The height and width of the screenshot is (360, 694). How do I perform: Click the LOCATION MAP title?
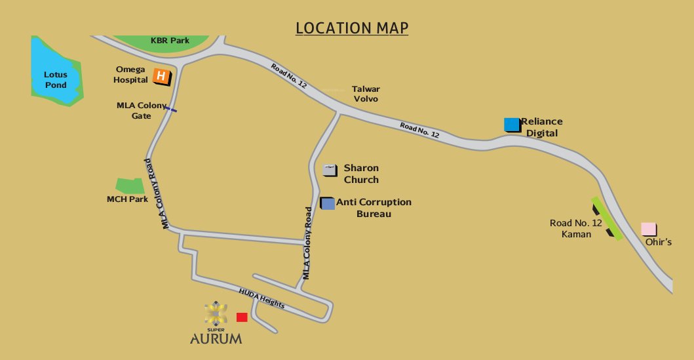352,28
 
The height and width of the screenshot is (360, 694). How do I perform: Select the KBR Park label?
170,41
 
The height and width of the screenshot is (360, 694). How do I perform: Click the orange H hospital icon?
161,77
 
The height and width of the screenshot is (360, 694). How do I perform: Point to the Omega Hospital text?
131,74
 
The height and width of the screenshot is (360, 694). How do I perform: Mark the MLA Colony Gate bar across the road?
170,110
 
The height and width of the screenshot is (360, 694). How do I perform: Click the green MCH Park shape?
130,186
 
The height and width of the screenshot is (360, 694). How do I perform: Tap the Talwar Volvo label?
366,94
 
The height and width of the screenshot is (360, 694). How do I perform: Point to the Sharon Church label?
361,174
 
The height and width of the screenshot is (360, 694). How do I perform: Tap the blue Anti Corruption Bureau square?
328,203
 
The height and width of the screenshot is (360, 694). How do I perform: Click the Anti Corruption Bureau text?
374,208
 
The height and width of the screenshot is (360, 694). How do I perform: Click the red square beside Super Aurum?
242,317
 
